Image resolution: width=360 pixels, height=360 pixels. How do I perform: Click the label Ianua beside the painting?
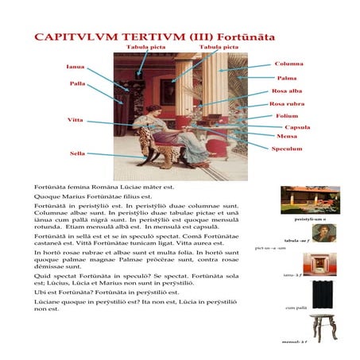coord(75,67)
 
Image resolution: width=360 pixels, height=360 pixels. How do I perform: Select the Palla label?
coord(77,83)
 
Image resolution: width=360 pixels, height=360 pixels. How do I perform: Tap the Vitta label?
coord(75,119)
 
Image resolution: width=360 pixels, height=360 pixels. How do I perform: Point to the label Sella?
coord(77,153)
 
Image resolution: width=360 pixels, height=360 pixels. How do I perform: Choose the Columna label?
coord(288,64)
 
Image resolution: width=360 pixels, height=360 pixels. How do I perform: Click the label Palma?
coord(286,78)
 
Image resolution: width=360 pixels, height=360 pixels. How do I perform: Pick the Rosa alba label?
coord(286,91)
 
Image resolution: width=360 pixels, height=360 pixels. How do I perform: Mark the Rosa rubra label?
coord(287,104)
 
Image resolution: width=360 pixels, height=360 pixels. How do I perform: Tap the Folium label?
coord(287,116)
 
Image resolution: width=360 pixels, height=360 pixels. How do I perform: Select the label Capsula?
coord(296,127)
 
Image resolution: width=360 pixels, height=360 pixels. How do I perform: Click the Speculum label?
coord(286,148)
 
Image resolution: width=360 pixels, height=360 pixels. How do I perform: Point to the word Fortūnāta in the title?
coord(246,37)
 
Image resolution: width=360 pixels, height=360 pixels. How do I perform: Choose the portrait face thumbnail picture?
coord(323,232)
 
